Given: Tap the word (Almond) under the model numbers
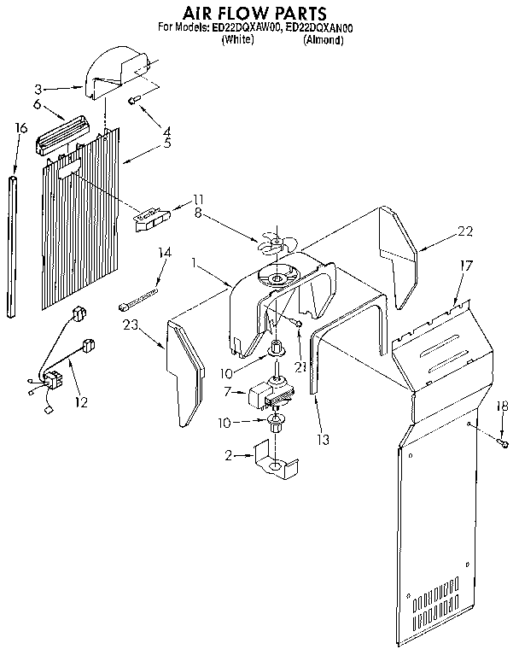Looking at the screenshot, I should click(x=324, y=39).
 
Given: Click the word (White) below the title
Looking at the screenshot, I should click(x=236, y=39).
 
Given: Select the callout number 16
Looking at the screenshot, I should click(x=21, y=128).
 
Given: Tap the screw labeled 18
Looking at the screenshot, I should click(x=503, y=443).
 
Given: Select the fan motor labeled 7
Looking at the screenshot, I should click(x=267, y=395).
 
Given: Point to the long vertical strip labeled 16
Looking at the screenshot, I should click(x=12, y=248).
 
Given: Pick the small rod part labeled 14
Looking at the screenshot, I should click(x=141, y=297).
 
